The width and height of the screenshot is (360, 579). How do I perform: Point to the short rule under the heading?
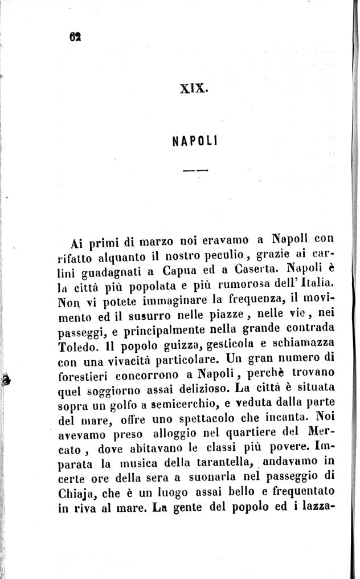click(195, 170)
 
